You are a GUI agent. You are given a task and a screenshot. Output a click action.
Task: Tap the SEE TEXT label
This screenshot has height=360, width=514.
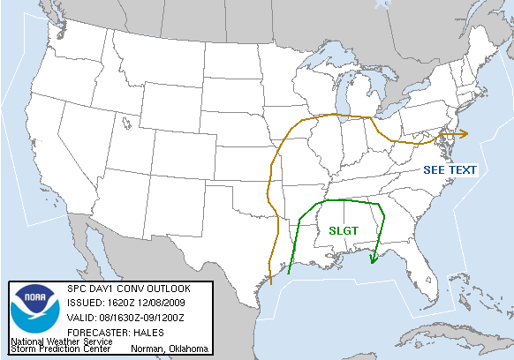pos(450,169)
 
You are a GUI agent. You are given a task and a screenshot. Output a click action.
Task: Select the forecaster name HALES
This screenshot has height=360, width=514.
pos(140,333)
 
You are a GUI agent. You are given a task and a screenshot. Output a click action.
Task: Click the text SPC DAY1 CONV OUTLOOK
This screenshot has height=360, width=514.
pos(127,289)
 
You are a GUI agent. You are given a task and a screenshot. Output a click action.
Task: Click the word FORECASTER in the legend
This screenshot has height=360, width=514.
pos(93,333)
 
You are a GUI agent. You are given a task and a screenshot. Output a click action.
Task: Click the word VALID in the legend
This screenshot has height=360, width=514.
pos(82,318)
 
